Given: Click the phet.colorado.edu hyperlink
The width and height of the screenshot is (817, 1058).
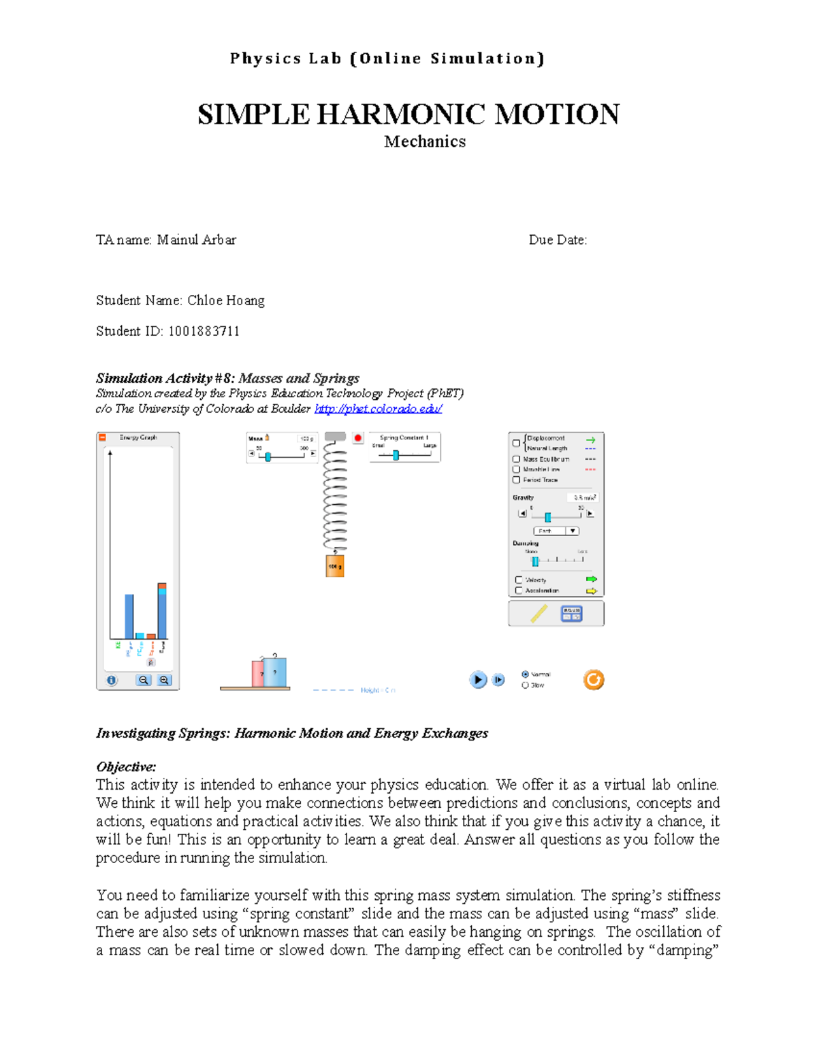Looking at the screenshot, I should (x=378, y=409).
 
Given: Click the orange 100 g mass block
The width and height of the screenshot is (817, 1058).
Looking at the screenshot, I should (x=334, y=566).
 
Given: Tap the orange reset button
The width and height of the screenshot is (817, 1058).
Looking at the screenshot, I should (x=593, y=679).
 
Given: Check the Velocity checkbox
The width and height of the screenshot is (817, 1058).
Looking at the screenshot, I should (x=519, y=580).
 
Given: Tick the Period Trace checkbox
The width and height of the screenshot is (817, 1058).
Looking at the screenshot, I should (x=516, y=480).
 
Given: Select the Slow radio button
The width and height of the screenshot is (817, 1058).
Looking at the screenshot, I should (x=525, y=685).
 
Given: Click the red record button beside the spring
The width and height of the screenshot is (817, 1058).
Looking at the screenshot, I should (x=358, y=438).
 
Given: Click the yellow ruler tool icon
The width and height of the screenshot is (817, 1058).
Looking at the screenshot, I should (x=539, y=614).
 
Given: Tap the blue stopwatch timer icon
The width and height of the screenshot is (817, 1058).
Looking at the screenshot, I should (x=571, y=614).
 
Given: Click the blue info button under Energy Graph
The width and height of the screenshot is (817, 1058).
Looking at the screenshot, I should (x=112, y=680).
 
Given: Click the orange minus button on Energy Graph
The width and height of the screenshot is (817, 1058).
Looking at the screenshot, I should (x=103, y=437).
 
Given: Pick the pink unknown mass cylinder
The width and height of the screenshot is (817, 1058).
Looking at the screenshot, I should (x=258, y=673).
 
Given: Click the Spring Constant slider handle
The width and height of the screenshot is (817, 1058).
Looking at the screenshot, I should (x=396, y=455).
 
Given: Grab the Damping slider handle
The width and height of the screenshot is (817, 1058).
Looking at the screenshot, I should (x=535, y=561).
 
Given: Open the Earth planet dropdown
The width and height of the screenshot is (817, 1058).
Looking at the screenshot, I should (x=556, y=531).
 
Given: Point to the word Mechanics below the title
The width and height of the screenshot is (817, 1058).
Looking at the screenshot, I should (x=425, y=142).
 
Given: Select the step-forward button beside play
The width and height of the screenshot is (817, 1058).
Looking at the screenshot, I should (x=498, y=679).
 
